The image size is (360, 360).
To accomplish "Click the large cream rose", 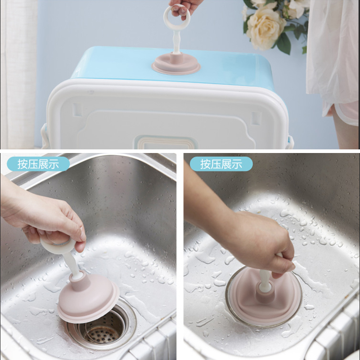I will click(265, 28).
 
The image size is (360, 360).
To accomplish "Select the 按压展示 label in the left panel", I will click(38, 164).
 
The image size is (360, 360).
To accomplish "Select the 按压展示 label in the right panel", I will click(221, 164).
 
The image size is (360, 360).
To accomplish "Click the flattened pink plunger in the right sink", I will click(263, 299).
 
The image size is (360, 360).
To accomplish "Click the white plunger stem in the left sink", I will click(72, 263).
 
